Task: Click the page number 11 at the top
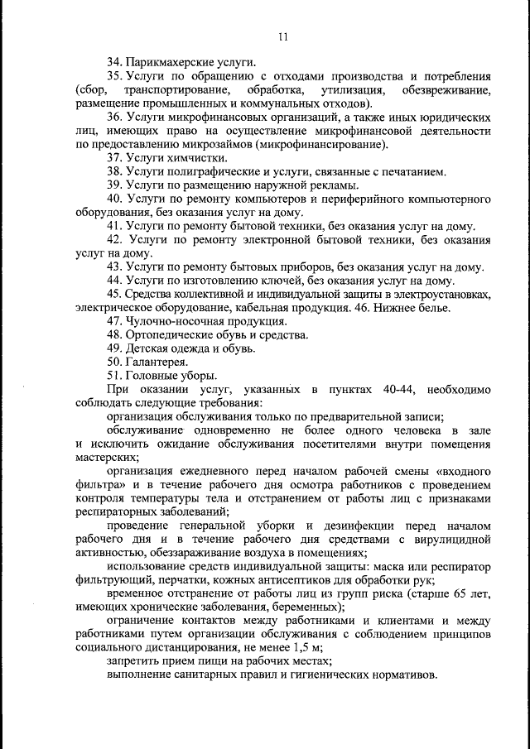282,36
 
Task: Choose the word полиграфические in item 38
211,171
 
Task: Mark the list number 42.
115,239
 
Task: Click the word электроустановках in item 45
436,294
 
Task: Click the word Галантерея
157,362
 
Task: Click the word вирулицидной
452,540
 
